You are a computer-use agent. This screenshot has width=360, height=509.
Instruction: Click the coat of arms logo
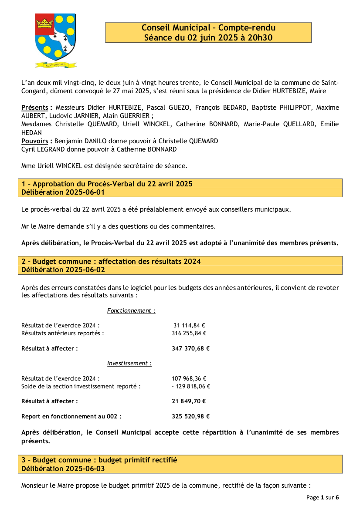pos(56,40)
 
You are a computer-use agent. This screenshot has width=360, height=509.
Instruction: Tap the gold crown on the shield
pos(44,21)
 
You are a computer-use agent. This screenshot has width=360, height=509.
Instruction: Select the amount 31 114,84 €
pos(189,325)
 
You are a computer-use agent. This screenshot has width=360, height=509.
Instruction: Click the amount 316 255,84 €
pos(189,334)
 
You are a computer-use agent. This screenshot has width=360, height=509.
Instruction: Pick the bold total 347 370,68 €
pos(190,349)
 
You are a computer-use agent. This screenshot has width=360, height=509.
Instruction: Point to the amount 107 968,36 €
pos(189,379)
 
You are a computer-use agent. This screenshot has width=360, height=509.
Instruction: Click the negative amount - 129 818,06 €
pos(191,387)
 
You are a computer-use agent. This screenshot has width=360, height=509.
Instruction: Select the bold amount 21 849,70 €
pos(189,401)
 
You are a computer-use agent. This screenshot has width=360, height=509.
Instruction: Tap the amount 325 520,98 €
pos(190,417)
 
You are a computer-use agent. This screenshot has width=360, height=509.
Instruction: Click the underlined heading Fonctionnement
pos(131,311)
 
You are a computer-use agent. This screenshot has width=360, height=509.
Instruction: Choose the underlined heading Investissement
pos(129,364)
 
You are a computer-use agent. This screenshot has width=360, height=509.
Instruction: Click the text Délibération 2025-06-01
pos(63,192)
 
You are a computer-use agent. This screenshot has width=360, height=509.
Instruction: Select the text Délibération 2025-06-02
pos(63,270)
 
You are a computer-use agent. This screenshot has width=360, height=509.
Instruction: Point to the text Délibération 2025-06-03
pos(63,469)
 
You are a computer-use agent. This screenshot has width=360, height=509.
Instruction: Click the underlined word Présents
pos(35,108)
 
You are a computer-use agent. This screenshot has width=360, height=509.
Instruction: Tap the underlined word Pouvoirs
pos(35,141)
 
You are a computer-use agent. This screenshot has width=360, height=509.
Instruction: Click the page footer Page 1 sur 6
pos(323,497)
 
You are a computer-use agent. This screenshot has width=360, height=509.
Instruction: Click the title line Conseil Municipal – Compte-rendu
pos(208,28)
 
